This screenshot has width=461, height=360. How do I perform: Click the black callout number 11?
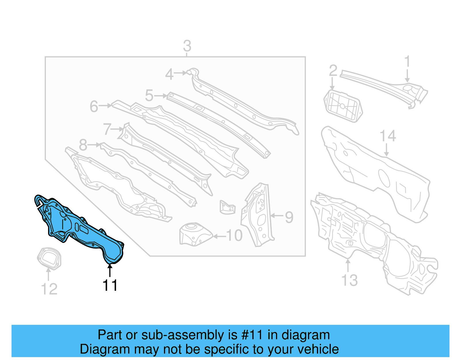point(110,285)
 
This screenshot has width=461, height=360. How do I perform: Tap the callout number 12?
point(49,289)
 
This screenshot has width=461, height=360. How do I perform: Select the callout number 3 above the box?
point(187,46)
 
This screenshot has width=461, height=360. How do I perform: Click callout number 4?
point(169,74)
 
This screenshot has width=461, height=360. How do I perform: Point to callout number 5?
point(149,95)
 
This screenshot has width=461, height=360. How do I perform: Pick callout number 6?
point(94,106)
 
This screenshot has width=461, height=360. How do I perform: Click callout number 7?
point(107,129)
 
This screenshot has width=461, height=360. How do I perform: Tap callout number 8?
point(83,145)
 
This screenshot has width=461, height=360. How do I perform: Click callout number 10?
point(234,236)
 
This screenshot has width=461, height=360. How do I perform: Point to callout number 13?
point(349,280)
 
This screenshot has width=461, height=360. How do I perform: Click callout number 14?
point(388,136)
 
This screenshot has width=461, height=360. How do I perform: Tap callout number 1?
point(407,62)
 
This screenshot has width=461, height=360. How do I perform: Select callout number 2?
point(333,71)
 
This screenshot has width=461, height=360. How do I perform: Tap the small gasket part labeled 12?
point(49,258)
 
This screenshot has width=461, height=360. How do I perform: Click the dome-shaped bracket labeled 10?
point(194,234)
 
